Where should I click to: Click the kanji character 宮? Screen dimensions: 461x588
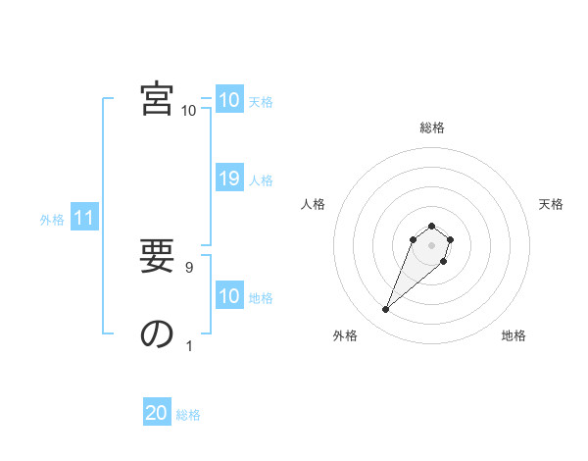(157, 100)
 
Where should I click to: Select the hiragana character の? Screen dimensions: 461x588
(157, 334)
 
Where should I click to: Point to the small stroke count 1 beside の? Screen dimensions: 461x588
(189, 345)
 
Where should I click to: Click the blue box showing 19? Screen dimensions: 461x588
(229, 179)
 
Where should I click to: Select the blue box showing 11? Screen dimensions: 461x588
(83, 219)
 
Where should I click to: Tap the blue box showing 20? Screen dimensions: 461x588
(157, 414)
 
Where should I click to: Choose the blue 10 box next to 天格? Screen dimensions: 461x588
(229, 100)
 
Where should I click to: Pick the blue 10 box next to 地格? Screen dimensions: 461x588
(229, 296)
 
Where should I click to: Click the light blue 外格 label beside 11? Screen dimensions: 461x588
(52, 220)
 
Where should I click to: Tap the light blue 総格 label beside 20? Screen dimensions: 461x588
(188, 415)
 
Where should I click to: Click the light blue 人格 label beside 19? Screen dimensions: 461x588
(261, 179)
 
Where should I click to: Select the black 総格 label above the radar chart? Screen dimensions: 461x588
(432, 128)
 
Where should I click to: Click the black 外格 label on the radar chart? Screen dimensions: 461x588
(345, 335)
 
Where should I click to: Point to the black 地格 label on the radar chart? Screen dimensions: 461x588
(514, 335)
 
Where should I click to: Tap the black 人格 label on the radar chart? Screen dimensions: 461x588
(314, 204)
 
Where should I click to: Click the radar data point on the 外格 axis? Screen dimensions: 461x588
(386, 310)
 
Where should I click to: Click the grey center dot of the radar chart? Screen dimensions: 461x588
(432, 245)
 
